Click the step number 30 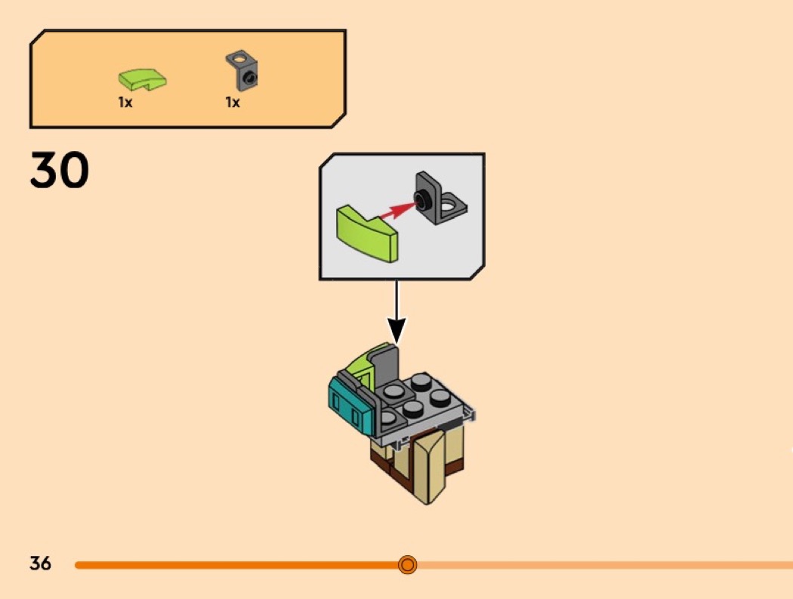tap(60, 169)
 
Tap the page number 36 tap(41, 563)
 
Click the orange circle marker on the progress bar tap(407, 564)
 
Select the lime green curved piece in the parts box tap(142, 79)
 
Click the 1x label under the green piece tap(125, 103)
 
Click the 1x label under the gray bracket tap(233, 103)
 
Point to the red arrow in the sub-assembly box tap(397, 211)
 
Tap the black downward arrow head tap(397, 330)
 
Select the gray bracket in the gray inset tap(440, 198)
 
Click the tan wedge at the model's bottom tap(430, 465)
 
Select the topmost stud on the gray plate tap(421, 381)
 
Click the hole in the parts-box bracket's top tap(240, 60)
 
